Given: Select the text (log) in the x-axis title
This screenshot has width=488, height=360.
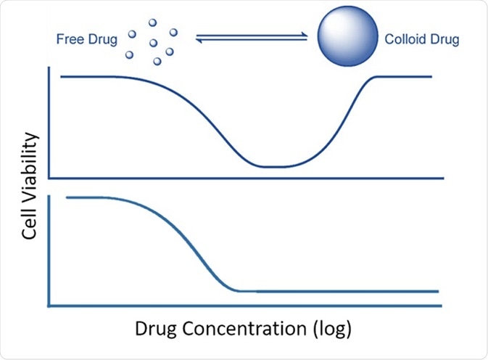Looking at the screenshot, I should [x=331, y=329].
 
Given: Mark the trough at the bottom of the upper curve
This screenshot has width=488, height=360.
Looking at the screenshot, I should [x=279, y=166].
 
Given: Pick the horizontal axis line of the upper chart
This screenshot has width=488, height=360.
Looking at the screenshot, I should [x=247, y=177].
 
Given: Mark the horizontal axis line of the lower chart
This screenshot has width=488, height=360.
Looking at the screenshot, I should [x=247, y=304].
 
